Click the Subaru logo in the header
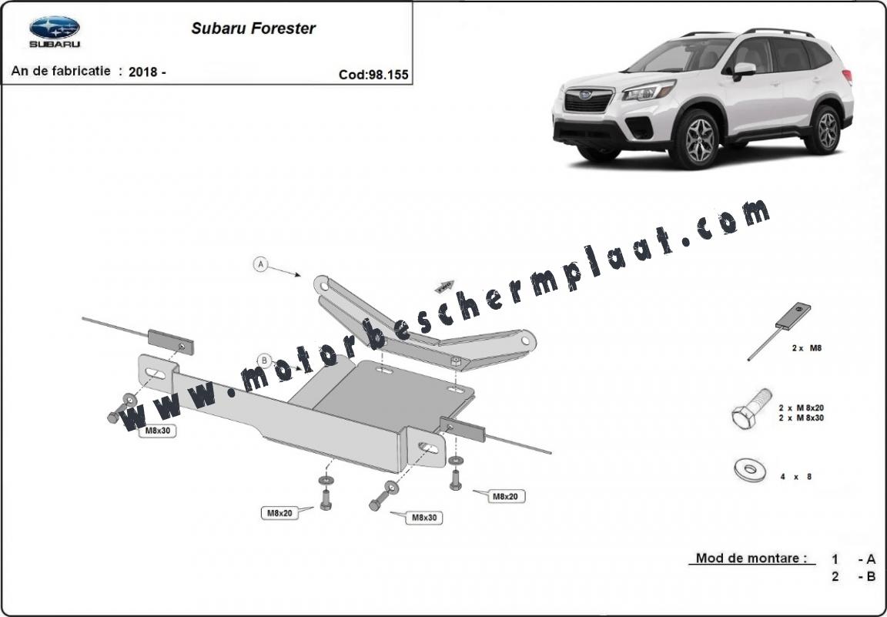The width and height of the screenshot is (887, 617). click(x=55, y=31)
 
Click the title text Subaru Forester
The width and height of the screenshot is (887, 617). click(x=253, y=29)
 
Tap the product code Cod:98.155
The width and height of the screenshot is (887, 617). click(x=373, y=75)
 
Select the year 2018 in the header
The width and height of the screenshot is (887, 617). click(x=144, y=72)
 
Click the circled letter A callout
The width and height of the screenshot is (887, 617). click(x=261, y=263)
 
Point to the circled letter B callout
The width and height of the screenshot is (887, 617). click(x=263, y=360)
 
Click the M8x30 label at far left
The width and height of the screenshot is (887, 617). click(x=158, y=430)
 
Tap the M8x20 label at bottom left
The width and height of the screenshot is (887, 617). click(x=279, y=513)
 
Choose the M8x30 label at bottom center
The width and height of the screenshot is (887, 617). click(x=423, y=518)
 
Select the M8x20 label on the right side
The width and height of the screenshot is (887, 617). click(x=505, y=496)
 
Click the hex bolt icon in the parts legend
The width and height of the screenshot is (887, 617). click(x=751, y=408)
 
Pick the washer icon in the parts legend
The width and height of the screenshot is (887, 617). click(x=749, y=469)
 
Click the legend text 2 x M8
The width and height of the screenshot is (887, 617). click(x=807, y=348)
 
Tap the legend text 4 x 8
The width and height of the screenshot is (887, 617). click(x=796, y=477)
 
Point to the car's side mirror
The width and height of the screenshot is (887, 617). click(x=744, y=70)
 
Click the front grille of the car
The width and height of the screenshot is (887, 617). click(x=588, y=101)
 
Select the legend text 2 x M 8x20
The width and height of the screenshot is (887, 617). click(x=801, y=407)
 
